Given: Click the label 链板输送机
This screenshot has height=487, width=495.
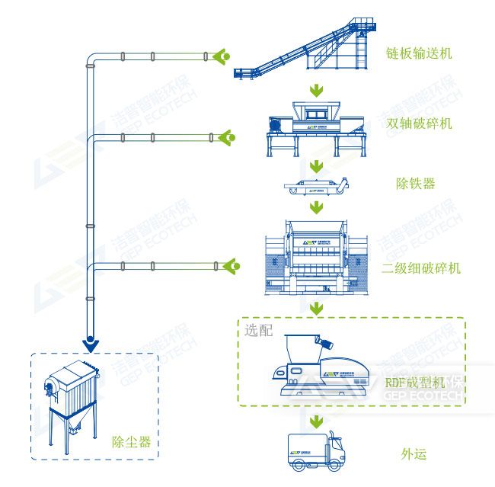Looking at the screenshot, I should pos(418,53).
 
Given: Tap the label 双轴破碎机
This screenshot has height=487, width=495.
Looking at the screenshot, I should pos(418,123).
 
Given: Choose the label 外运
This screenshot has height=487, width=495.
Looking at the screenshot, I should pos(414,454).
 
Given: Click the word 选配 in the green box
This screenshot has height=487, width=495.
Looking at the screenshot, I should pos(257,331).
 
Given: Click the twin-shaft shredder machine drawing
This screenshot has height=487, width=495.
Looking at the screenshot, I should pos(312,127).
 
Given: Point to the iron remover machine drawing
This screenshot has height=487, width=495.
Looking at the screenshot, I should pos(315,186).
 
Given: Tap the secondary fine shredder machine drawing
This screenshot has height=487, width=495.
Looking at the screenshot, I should pos(316,255).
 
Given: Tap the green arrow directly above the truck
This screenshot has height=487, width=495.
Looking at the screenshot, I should pos(315,421).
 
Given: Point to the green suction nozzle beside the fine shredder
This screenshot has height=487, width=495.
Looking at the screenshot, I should pos(231,266).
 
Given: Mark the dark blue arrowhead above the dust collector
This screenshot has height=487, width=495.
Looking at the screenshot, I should pos(91,345).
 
